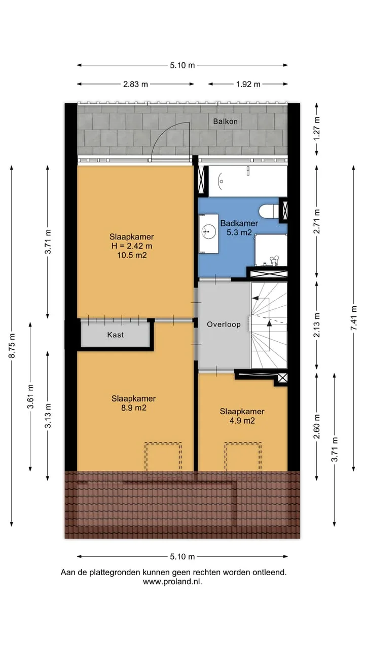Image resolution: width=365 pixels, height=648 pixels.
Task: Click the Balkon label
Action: tap(225, 121)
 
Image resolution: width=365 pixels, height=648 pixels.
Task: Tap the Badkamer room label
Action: tap(239, 223)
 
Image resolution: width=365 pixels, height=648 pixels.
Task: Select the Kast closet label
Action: tap(115, 335)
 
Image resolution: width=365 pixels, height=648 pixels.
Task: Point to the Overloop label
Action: tap(224, 325)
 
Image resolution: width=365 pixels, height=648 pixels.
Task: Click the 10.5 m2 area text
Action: tap(132, 255)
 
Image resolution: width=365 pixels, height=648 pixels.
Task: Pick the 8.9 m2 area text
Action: tap(133, 408)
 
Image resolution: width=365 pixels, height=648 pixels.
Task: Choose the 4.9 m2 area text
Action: tap(242, 421)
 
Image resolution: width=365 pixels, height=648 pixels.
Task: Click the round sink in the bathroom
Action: tap(209, 232)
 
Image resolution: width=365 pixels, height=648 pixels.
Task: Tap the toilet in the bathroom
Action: tap(269, 212)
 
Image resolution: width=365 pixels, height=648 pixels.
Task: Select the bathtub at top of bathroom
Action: tap(248, 181)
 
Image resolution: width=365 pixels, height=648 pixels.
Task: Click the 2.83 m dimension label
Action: tap(135, 84)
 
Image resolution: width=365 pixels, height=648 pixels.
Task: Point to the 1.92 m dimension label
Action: tap(248, 84)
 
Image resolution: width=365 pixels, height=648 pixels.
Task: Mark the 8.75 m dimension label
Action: tap(12, 346)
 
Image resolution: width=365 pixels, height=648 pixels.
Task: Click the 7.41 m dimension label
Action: tap(353, 318)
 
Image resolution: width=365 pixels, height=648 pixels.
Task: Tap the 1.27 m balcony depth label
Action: tap(317, 129)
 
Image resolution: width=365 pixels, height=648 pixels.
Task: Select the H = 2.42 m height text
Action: tap(132, 246)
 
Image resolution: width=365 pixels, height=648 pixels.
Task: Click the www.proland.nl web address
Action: tap(172, 582)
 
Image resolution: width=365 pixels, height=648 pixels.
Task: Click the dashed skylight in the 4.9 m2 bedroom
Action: tap(243, 457)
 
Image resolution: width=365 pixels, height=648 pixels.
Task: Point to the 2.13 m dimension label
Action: tap(317, 325)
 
